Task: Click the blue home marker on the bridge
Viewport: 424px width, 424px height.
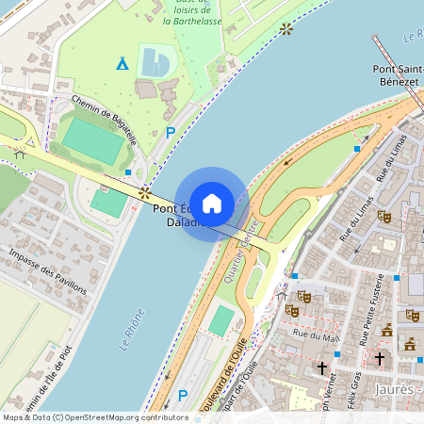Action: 212,203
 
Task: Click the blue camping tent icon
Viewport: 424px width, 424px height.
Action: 122,64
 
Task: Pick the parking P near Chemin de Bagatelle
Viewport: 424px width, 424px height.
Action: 170,133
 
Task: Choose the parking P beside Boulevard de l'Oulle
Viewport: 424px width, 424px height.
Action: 182,397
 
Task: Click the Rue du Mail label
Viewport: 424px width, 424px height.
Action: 315,334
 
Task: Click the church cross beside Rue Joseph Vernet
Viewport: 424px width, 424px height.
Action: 322,367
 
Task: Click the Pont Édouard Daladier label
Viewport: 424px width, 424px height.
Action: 178,216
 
